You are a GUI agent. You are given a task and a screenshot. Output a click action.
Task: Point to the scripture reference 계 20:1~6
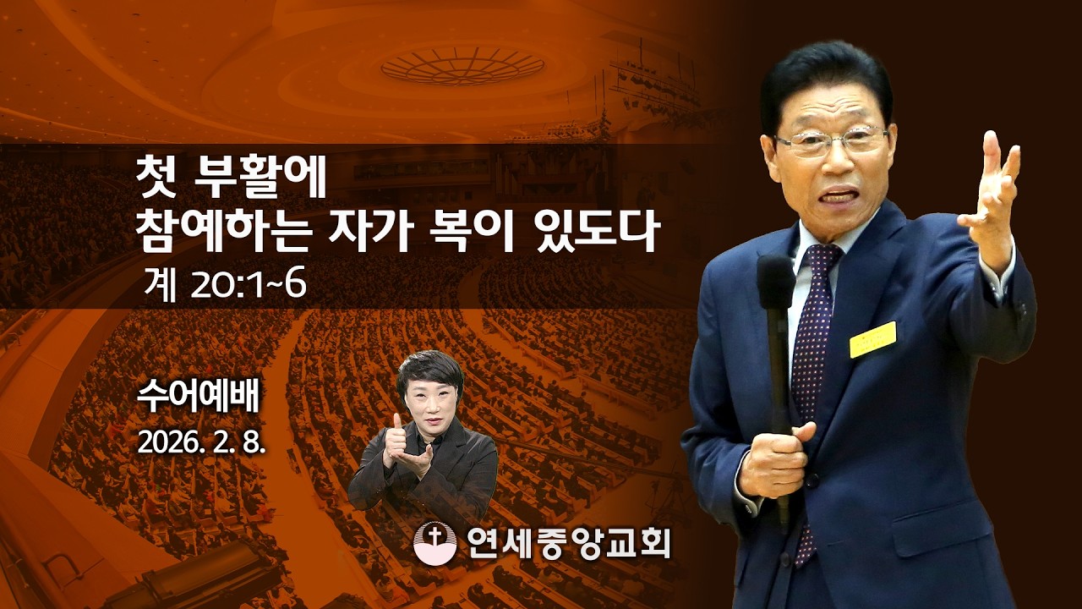225,286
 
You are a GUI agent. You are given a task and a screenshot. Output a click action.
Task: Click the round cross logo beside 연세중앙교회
434,542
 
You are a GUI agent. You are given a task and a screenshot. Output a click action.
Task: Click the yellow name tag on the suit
872,339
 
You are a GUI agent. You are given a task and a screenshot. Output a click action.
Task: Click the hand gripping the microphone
773,461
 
